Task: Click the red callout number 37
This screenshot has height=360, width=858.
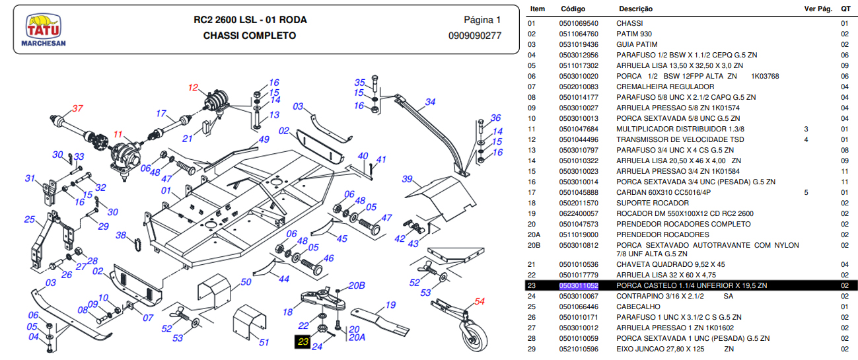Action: click(x=78, y=109)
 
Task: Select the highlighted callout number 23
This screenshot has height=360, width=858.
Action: click(x=303, y=342)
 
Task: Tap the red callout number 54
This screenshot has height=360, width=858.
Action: click(x=480, y=301)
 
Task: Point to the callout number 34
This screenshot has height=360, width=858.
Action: click(x=430, y=102)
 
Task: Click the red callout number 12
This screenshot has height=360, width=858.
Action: click(x=193, y=87)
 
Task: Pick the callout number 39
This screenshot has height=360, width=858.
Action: click(x=408, y=179)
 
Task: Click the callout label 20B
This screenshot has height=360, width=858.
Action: click(x=356, y=285)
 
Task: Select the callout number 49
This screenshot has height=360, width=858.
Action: click(x=264, y=139)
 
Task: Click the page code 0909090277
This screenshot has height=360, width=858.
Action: click(x=474, y=36)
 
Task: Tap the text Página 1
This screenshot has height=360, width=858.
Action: click(x=482, y=20)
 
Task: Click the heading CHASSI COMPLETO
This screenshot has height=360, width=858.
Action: click(x=250, y=36)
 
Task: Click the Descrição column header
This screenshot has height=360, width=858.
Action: click(x=635, y=9)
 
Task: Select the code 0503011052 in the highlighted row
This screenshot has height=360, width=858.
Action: click(x=579, y=285)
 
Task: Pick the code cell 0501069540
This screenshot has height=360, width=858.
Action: click(x=579, y=23)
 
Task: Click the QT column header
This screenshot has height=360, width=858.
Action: click(x=845, y=9)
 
